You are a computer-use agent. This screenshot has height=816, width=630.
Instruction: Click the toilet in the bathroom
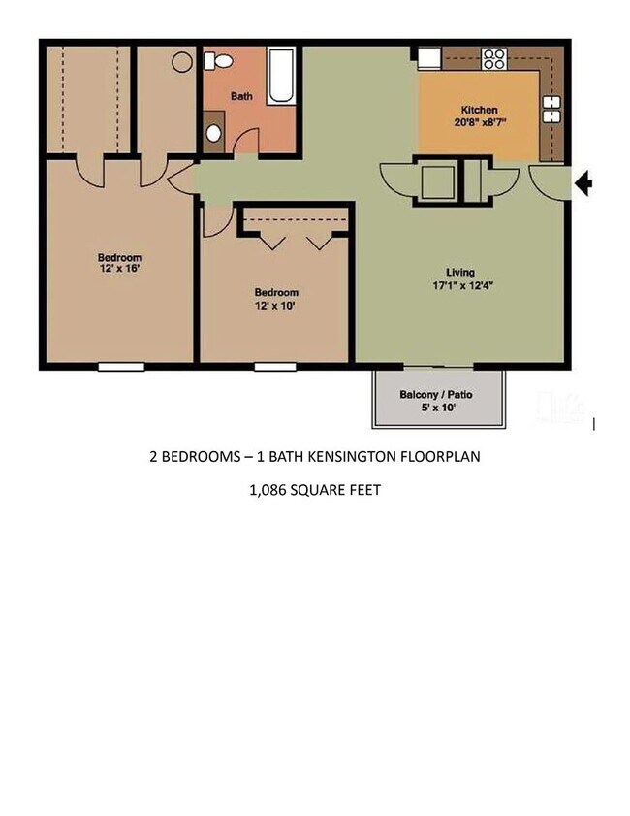(x=222, y=61)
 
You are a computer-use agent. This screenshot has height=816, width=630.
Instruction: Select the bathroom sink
(x=214, y=133)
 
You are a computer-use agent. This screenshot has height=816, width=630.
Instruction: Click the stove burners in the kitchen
(x=494, y=58)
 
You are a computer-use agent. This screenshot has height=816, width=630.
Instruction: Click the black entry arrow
(x=583, y=182)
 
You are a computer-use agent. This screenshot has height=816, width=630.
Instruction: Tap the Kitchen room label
(x=479, y=110)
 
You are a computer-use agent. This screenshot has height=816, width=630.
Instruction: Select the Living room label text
(x=459, y=272)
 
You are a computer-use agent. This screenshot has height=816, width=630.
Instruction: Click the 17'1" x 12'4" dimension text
(x=459, y=285)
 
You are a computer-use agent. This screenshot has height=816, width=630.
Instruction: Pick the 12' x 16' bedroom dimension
(x=119, y=269)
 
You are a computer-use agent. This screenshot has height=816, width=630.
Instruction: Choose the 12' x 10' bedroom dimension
(x=276, y=305)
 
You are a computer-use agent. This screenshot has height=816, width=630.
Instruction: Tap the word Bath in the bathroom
(x=241, y=96)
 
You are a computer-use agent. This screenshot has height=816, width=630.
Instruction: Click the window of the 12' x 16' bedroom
(x=121, y=367)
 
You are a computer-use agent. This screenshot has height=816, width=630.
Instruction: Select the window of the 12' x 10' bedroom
(x=275, y=367)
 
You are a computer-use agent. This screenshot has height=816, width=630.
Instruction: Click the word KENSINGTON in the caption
(x=362, y=456)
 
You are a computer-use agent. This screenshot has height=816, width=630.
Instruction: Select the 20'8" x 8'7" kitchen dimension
(x=479, y=122)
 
